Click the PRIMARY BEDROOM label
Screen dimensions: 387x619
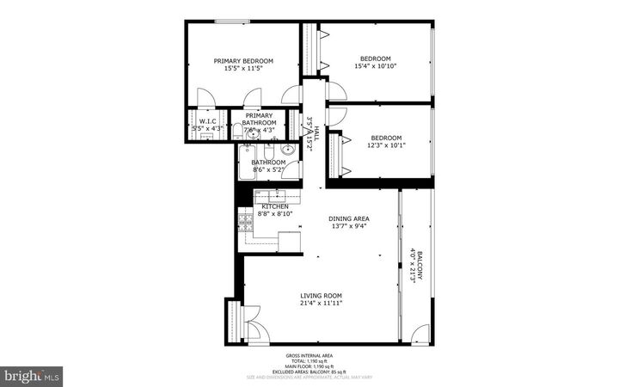pyautogui.click(x=243, y=60)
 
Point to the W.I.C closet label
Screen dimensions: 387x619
pyautogui.click(x=207, y=121)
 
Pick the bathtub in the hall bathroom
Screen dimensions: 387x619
pyautogui.click(x=247, y=163)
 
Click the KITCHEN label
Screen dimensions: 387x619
pyautogui.click(x=274, y=206)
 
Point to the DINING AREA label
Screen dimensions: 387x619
pyautogui.click(x=351, y=218)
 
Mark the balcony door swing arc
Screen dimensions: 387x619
pyautogui.click(x=420, y=334)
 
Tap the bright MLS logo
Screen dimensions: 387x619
pyautogui.click(x=32, y=376)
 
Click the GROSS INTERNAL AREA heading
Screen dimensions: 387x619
pyautogui.click(x=309, y=355)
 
